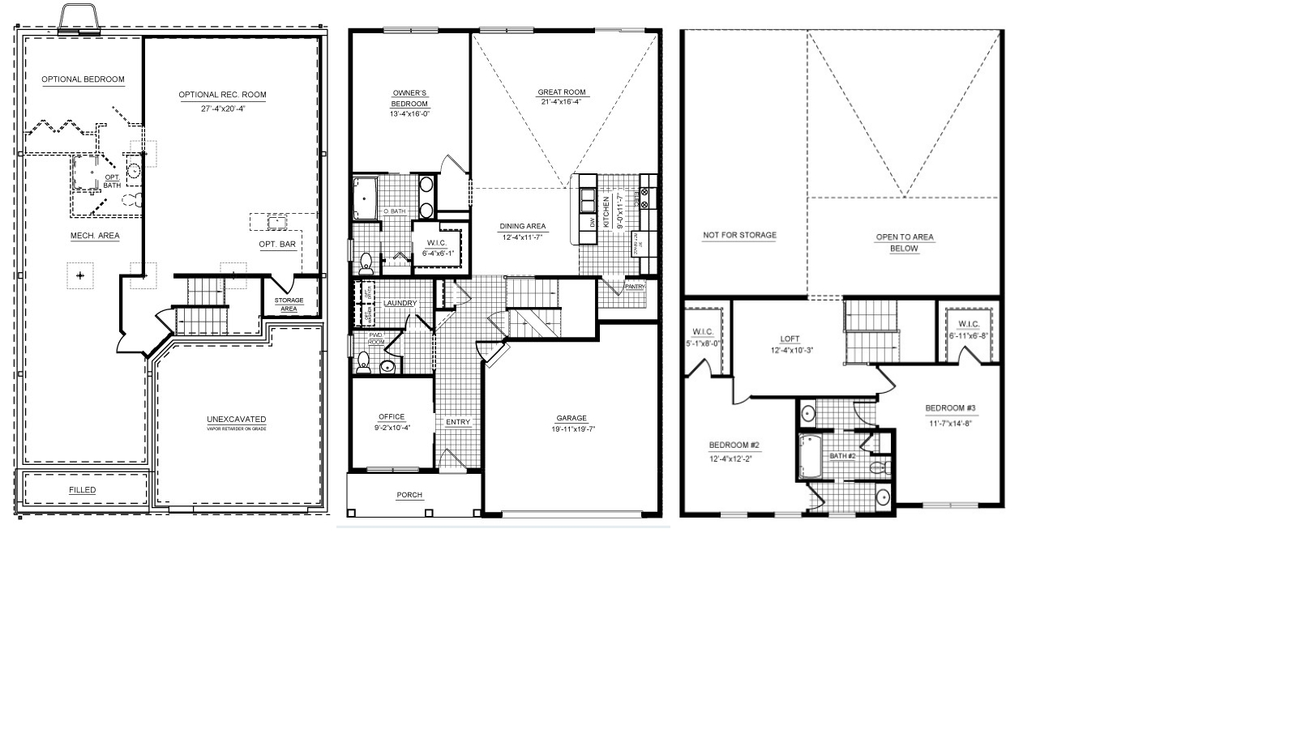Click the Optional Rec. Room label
click(x=222, y=95)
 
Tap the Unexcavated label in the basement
click(x=236, y=420)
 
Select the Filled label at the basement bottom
click(x=82, y=490)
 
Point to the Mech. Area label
click(x=95, y=236)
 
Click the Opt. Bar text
click(x=277, y=245)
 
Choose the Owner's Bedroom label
click(x=409, y=98)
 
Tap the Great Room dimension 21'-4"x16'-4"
click(x=562, y=102)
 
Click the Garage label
click(x=571, y=419)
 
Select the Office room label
click(x=392, y=417)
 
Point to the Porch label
click(x=409, y=495)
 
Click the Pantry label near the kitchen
click(x=635, y=286)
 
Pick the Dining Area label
click(x=522, y=227)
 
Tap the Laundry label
click(x=400, y=304)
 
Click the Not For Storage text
click(x=739, y=236)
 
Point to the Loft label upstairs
click(x=790, y=339)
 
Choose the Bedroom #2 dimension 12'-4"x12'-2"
click(x=734, y=458)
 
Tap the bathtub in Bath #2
click(x=809, y=458)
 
